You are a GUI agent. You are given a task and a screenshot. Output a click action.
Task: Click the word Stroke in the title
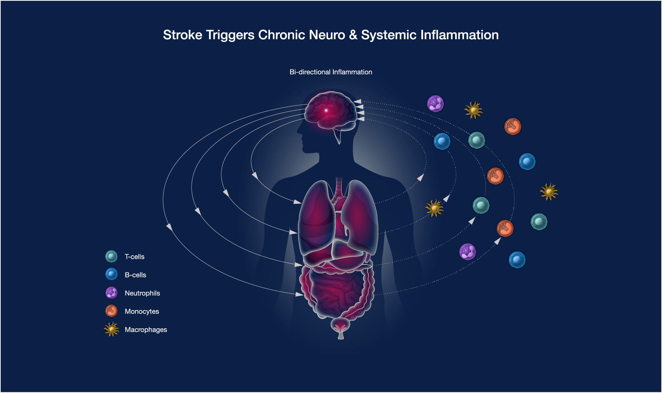click(182, 35)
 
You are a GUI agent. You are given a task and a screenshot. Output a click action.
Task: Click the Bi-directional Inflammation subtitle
click(331, 72)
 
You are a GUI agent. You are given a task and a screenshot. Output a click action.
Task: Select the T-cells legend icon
click(111, 256)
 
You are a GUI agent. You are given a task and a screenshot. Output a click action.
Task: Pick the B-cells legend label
click(135, 275)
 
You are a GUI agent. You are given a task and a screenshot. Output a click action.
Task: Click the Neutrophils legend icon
click(111, 293)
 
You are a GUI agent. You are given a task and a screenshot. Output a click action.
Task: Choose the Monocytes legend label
click(142, 311)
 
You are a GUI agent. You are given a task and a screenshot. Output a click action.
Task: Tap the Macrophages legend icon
click(111, 329)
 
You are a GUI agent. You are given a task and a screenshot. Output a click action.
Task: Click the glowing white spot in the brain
click(326, 110)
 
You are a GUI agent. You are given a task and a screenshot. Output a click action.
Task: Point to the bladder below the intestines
click(340, 326)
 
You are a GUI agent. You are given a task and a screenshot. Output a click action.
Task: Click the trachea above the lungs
click(339, 188)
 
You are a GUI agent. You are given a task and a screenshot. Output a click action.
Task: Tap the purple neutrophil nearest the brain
click(435, 104)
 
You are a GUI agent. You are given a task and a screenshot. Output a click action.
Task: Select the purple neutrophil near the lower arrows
click(468, 252)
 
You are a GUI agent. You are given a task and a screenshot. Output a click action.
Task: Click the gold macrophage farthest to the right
click(549, 192)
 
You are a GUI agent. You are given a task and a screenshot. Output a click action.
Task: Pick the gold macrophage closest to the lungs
click(434, 208)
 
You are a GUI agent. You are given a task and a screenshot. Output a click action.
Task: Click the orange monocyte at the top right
click(513, 126)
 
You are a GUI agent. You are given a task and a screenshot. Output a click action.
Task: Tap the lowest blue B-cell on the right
click(517, 260)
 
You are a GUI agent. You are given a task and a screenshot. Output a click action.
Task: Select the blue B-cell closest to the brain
click(442, 141)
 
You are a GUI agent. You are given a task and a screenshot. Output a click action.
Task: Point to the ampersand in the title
click(353, 35)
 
